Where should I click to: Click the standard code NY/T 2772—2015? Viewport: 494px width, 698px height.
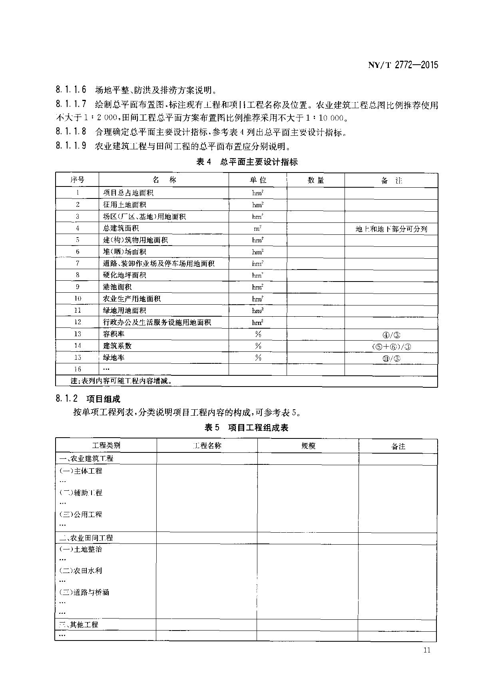[x=402, y=65]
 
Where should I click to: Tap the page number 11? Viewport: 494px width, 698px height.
[x=426, y=650]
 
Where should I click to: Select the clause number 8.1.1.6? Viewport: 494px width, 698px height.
[x=71, y=89]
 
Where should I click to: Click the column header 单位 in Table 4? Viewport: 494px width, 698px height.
[x=257, y=180]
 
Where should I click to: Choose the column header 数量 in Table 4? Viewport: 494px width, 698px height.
[x=315, y=180]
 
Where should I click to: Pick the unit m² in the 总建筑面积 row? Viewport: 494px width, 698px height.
[x=257, y=228]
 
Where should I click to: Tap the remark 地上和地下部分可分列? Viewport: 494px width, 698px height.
[x=391, y=229]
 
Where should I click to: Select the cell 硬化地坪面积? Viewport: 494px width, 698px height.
[x=124, y=275]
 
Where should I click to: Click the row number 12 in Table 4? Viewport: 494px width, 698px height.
[x=78, y=322]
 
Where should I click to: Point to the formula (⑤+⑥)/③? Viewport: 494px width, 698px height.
[x=391, y=346]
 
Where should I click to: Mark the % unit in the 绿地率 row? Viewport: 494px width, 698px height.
[x=258, y=357]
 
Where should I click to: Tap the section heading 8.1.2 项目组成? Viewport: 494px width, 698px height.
[x=88, y=399]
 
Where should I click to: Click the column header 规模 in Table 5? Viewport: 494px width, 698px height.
[x=308, y=446]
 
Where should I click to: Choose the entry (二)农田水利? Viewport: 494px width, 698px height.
[x=80, y=571]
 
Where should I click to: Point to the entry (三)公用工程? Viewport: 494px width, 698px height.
[x=80, y=514]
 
